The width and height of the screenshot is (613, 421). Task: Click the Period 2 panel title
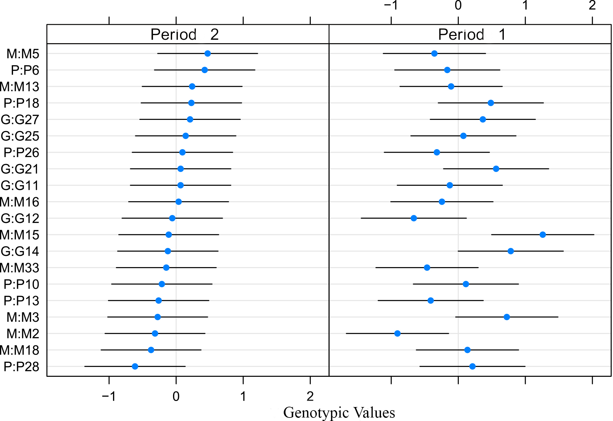tap(184, 34)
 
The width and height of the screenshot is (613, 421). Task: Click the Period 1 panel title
tap(471, 34)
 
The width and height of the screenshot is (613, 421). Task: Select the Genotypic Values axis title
tap(339, 412)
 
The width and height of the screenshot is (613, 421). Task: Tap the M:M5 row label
tap(23, 54)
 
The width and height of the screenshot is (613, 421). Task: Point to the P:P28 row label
tap(21, 367)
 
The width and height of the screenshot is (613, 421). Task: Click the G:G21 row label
tap(20, 169)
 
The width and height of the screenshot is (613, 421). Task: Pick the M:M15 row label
tap(20, 235)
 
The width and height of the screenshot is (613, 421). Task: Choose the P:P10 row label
tap(21, 284)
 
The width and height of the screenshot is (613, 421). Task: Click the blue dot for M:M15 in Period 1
tap(543, 235)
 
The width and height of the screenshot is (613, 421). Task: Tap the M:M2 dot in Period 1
tap(397, 333)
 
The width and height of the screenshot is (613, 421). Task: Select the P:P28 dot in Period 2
tap(135, 366)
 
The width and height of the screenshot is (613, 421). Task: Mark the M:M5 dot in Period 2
tap(208, 53)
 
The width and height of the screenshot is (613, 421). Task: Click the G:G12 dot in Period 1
tap(414, 218)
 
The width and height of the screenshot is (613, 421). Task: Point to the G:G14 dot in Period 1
tap(510, 251)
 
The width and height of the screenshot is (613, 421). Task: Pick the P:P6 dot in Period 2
tap(204, 70)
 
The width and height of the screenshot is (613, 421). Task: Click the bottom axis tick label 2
tap(310, 396)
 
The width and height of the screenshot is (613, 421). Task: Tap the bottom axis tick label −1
tap(109, 396)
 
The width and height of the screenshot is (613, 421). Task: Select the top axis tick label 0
tap(458, 5)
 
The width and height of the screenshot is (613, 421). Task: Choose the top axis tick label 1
tap(525, 5)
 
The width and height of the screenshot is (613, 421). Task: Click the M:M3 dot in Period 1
tap(507, 317)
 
